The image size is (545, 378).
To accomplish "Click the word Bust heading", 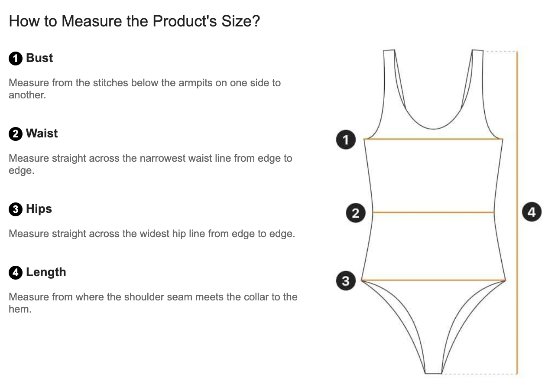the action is click(x=39, y=58).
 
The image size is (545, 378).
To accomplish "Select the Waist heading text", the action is click(x=42, y=134).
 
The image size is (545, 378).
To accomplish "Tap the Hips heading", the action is click(x=39, y=209).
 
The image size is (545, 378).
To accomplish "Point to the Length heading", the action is click(x=46, y=272).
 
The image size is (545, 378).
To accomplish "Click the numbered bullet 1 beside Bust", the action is click(x=16, y=59).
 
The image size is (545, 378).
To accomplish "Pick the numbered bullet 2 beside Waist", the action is click(x=16, y=134).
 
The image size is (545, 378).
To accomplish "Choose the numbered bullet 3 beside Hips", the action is click(x=16, y=209).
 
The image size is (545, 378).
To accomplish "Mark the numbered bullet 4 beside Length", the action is click(x=16, y=273).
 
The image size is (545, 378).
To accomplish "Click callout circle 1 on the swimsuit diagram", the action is click(x=346, y=140).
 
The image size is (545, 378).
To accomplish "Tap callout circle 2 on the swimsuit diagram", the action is click(x=356, y=213).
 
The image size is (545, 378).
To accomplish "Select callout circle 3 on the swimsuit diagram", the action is click(x=346, y=281).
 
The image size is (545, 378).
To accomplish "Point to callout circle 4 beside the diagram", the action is click(x=532, y=212).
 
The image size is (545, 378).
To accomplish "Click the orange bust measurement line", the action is click(x=433, y=139).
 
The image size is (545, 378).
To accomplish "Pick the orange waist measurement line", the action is click(x=433, y=212).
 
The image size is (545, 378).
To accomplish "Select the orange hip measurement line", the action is click(x=433, y=280).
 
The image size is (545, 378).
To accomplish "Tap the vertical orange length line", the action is click(x=517, y=212).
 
